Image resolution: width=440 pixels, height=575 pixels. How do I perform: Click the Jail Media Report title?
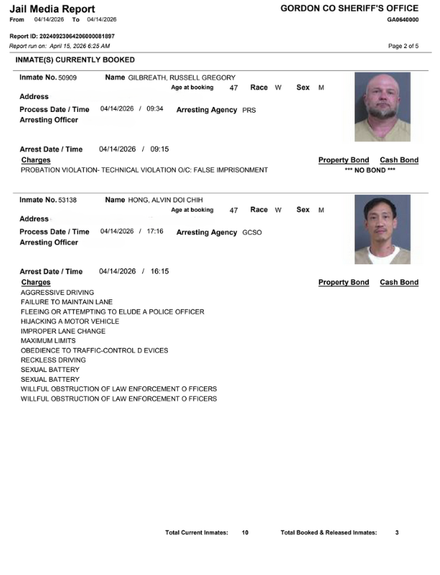[52, 9]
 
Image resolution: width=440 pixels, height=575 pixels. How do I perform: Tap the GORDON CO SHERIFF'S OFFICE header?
[349, 8]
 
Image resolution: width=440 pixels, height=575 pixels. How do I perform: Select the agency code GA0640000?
[402, 19]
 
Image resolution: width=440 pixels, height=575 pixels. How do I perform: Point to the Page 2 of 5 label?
[403, 46]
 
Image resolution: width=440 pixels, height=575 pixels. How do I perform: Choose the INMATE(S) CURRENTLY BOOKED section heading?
[75, 60]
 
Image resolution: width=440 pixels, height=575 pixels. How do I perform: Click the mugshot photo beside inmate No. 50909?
[383, 106]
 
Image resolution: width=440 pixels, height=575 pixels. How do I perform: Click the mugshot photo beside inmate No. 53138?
[383, 229]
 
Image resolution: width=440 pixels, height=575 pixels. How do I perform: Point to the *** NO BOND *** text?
[370, 170]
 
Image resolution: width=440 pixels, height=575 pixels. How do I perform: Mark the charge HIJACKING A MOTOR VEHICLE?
[70, 322]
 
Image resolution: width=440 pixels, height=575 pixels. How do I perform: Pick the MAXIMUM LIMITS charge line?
[48, 341]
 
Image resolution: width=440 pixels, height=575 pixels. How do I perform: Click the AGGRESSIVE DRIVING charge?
[57, 293]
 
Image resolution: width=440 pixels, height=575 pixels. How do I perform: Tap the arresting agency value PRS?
[249, 111]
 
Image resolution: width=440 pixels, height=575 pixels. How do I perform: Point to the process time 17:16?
[155, 231]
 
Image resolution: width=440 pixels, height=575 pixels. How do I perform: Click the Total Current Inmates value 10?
[245, 533]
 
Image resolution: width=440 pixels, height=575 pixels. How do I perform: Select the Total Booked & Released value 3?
[397, 533]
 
